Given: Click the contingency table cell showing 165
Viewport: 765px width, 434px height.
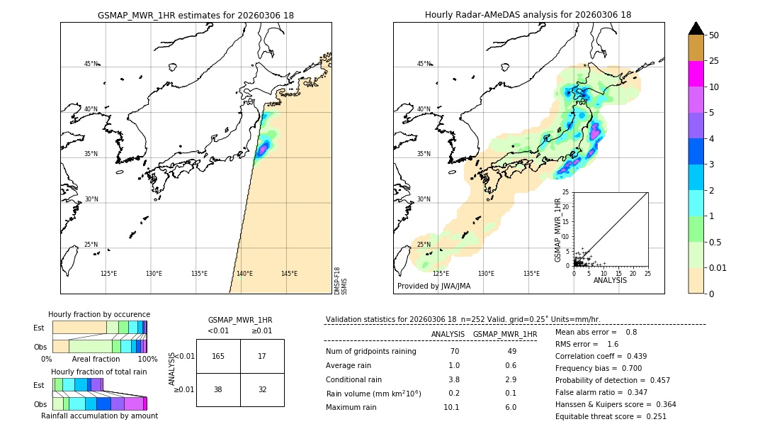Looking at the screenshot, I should [218, 356].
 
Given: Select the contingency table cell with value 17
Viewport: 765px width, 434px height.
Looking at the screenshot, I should [262, 356].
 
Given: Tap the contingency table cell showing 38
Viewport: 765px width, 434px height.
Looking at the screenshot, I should [218, 389].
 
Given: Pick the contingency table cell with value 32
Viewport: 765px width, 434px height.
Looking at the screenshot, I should [262, 389].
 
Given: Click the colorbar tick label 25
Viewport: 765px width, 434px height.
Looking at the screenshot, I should [715, 62].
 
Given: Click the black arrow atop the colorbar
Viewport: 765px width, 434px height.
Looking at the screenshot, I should [696, 28].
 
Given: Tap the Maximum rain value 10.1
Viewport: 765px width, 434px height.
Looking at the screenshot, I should [451, 407].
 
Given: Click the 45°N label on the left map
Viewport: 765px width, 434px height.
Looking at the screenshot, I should [91, 64].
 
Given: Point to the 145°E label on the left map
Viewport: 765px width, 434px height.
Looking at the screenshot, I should [289, 274].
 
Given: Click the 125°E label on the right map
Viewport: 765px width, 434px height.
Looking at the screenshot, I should [441, 274].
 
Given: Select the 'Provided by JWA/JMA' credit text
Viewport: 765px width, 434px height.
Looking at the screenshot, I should [433, 286].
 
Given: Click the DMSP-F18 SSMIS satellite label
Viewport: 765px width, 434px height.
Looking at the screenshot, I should [341, 281].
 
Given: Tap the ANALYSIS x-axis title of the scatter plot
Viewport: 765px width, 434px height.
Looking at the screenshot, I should [610, 281].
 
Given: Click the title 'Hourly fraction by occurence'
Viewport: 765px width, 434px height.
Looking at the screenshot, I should [99, 314].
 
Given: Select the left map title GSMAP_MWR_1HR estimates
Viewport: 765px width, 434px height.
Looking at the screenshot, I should [195, 15].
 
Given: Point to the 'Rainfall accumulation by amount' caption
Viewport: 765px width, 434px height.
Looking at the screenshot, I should [99, 416].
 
